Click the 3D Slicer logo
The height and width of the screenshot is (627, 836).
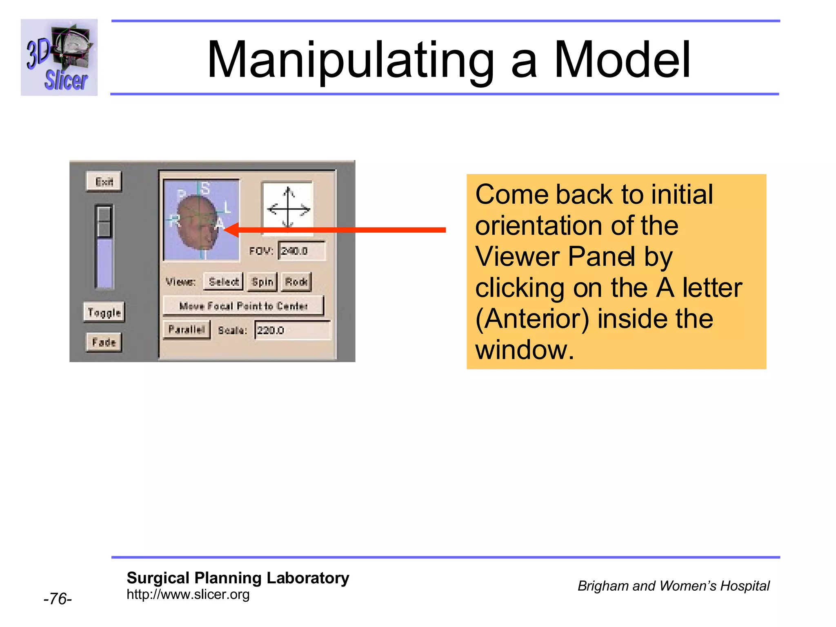click(59, 57)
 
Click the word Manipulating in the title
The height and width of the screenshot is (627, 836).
click(350, 60)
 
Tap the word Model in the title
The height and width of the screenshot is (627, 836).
click(622, 60)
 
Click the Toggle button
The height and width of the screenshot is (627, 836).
click(104, 313)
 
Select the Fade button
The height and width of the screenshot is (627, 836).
click(104, 342)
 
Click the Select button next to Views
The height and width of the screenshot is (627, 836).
click(223, 282)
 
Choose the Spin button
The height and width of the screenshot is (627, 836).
click(262, 282)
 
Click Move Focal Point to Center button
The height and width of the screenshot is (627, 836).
click(243, 306)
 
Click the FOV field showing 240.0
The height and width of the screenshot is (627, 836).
click(301, 251)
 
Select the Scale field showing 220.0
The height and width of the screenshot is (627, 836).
click(292, 330)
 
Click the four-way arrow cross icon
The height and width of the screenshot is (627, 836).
click(288, 209)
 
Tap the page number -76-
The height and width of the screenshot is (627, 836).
click(58, 599)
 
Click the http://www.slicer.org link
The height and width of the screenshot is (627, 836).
click(188, 594)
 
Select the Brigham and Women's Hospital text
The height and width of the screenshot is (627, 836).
click(673, 586)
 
